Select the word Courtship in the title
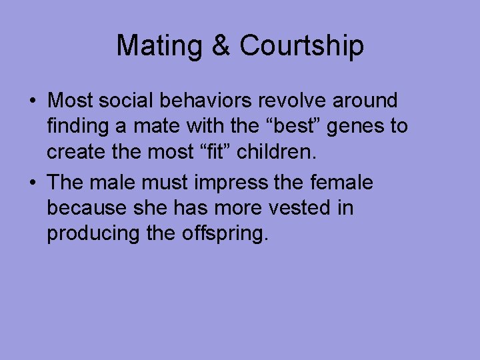301,46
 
